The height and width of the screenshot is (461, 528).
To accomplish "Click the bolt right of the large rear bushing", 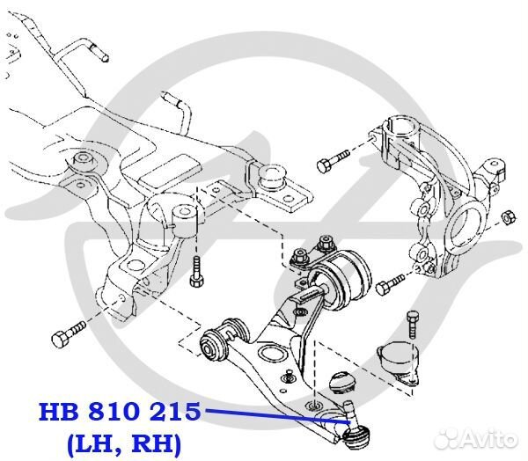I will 390,284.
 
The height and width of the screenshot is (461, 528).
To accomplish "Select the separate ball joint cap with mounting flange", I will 395,362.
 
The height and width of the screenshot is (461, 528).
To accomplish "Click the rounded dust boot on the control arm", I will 340,384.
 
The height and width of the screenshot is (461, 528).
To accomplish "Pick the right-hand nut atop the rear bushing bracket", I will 327,241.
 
